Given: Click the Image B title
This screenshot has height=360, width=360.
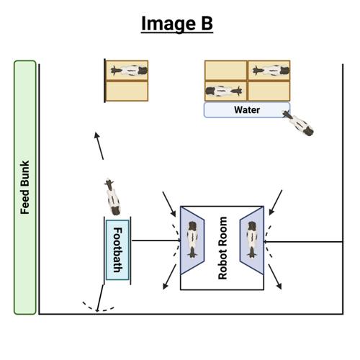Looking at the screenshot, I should tap(177, 23).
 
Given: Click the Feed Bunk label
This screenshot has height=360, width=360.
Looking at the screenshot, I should tap(24, 187).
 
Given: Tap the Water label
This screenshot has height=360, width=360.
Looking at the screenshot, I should tap(247, 110).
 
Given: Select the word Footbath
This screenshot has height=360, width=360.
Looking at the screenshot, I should tap(117, 248).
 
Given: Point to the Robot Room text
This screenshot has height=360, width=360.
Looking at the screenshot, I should tap(222, 248).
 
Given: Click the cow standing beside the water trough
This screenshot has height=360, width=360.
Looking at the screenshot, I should tap(298, 123).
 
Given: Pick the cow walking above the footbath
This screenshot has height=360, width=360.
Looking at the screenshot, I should tap(112, 195).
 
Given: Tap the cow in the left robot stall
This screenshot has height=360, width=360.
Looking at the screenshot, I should tap(193, 239).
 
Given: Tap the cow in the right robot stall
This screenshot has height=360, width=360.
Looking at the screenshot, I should tap(253, 239).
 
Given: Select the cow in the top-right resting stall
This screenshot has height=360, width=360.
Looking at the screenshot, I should tap(270, 71).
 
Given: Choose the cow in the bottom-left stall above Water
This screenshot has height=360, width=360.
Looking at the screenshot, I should tap(225, 91).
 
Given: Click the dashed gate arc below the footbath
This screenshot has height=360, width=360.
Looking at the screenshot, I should tap(96, 307).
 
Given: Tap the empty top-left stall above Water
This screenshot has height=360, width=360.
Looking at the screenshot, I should tap(226, 71).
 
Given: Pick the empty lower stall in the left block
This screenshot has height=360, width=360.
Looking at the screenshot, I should tap(127, 91).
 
